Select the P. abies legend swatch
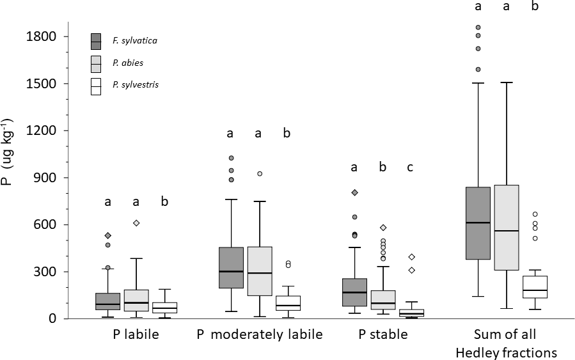coord(96,64)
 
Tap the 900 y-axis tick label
coord(48,178)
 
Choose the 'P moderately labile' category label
coord(260,334)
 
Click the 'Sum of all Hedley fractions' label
coord(507,343)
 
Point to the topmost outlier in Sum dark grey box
coord(478,27)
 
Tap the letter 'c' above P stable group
coord(410,168)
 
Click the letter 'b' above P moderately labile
coord(287,134)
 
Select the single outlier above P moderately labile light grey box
coord(260,173)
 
